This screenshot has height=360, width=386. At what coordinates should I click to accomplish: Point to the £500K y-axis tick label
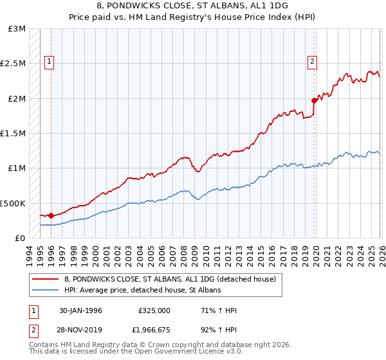point(13,203)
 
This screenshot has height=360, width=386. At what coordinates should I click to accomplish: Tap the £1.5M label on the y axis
point(13,134)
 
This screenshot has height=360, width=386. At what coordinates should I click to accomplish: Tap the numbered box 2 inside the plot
point(312,62)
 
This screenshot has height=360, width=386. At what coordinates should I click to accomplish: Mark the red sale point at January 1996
point(51,215)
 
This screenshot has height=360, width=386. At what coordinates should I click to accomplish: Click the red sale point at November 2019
point(314,100)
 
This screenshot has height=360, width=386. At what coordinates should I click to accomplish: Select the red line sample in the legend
point(45,279)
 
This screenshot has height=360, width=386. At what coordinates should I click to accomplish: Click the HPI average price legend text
point(142,291)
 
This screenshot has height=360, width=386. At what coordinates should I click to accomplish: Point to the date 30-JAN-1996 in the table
point(80,310)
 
